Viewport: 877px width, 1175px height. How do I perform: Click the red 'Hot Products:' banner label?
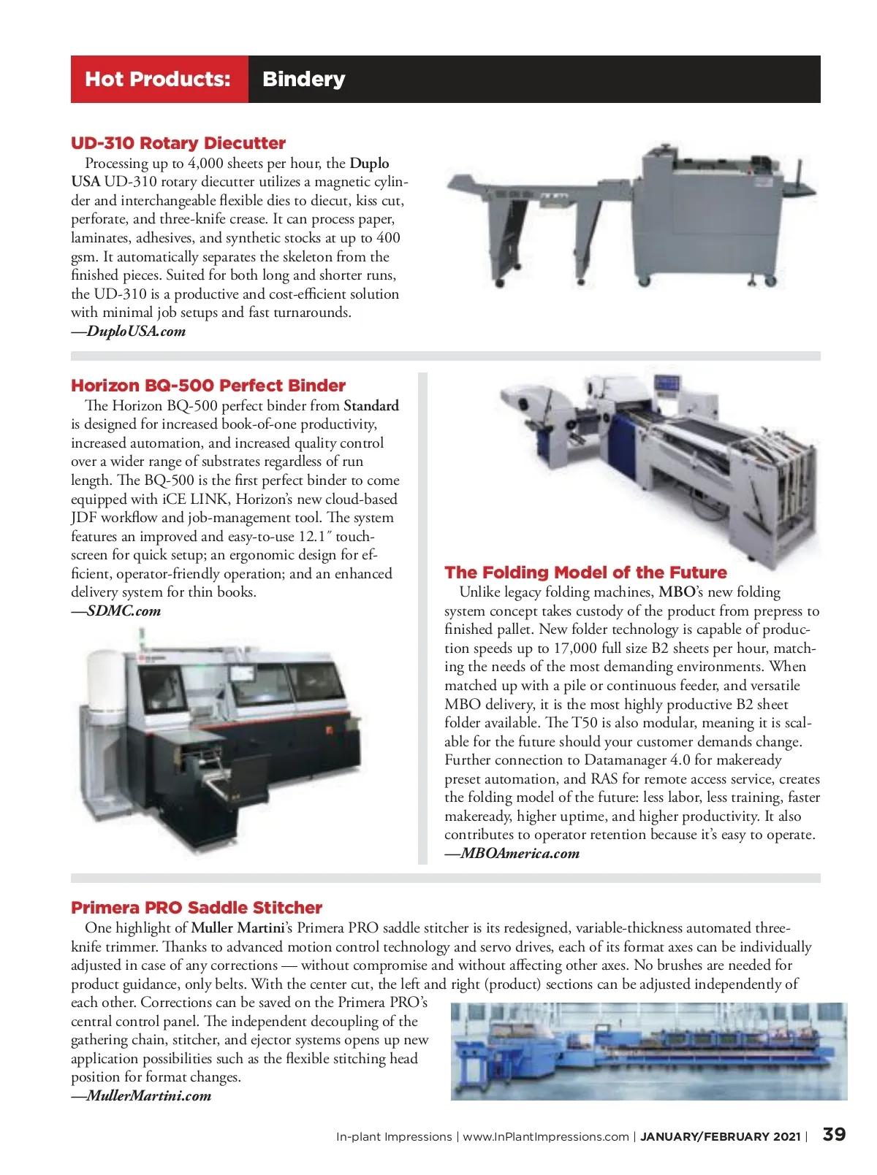158,79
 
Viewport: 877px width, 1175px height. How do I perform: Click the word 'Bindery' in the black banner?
303,79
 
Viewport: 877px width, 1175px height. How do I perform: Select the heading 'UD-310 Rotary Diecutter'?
178,143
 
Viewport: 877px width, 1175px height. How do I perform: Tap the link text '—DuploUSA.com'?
129,332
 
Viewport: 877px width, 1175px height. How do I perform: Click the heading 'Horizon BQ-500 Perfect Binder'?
208,386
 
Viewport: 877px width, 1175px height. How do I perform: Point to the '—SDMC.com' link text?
116,611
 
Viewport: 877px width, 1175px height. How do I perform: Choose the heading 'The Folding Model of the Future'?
585,573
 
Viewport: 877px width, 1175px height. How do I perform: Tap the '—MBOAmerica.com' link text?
512,854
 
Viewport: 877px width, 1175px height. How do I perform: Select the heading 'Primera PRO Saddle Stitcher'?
197,908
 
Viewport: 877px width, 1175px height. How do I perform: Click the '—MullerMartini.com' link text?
141,1096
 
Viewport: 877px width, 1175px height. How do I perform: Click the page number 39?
834,1134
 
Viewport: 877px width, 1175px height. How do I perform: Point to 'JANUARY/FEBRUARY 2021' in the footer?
720,1137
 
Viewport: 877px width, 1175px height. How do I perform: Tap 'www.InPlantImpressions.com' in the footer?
546,1137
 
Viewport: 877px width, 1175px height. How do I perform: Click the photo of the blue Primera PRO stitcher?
648,1052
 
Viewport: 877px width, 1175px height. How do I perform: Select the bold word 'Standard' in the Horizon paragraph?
371,406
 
